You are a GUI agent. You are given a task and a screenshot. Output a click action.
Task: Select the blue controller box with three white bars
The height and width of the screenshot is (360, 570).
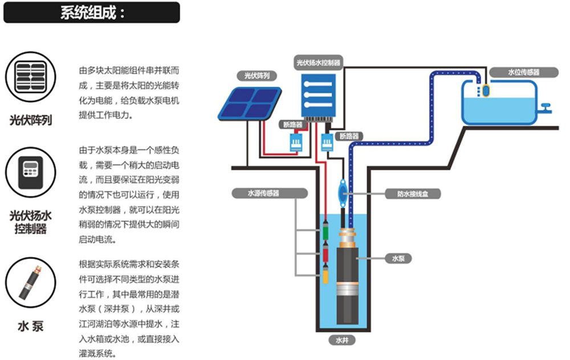[x=320, y=94]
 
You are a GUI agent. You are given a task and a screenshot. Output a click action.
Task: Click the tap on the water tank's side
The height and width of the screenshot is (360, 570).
[x=546, y=106]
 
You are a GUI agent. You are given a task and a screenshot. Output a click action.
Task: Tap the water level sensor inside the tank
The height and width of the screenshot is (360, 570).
[x=486, y=90]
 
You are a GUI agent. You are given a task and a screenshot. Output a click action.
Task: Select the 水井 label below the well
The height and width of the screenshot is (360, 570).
[x=341, y=341]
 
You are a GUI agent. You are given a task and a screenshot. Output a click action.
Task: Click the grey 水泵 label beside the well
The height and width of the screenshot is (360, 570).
[x=398, y=259]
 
